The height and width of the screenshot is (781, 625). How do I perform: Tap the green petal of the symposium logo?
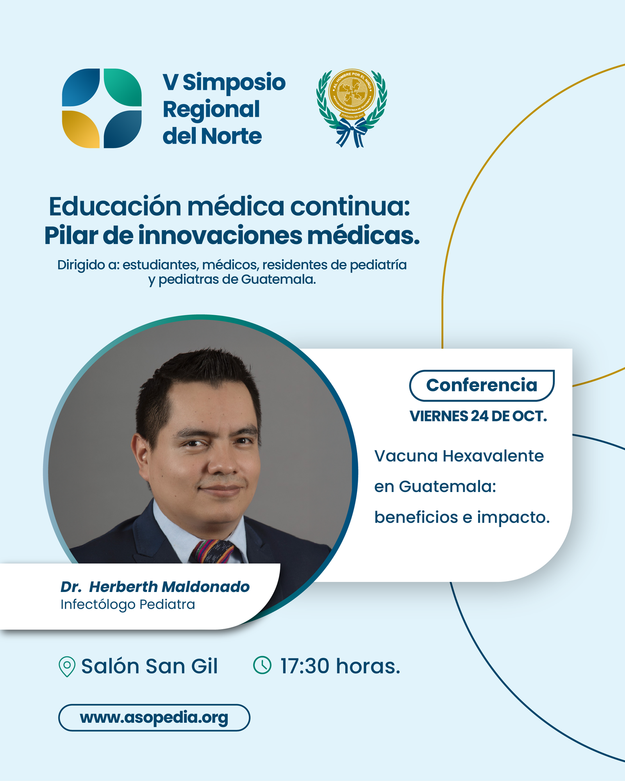[x=123, y=87]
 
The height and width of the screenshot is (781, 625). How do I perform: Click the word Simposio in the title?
[x=234, y=82]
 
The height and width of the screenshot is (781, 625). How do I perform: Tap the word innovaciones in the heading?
[x=220, y=235]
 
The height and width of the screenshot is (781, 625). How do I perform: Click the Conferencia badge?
[x=482, y=385]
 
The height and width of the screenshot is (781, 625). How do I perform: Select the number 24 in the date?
[x=479, y=416]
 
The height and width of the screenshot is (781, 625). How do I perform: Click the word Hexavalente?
[x=493, y=456]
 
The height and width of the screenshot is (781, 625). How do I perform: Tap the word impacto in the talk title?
[x=513, y=518]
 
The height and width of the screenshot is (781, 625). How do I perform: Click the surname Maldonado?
[x=205, y=587]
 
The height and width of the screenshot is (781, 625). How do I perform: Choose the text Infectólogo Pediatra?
[x=128, y=604]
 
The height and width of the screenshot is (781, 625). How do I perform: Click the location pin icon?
[x=67, y=666]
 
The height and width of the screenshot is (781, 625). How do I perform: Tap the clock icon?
[x=262, y=665]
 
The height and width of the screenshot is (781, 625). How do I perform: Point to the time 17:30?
[x=305, y=666]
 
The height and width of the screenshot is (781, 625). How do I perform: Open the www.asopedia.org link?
[x=154, y=718]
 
